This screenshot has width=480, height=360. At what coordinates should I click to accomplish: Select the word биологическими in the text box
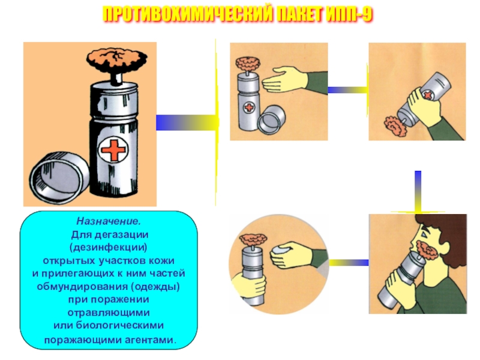[x=129, y=325]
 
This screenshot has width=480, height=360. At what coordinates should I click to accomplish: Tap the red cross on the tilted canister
[x=428, y=95]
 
